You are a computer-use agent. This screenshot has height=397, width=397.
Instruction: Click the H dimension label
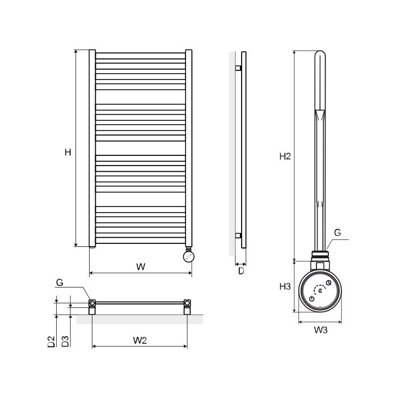click(68, 152)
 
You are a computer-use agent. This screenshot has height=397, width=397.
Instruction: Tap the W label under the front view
click(141, 267)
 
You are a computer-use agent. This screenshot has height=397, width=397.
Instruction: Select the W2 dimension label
click(140, 340)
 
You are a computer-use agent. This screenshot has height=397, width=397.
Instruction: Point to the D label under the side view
click(241, 271)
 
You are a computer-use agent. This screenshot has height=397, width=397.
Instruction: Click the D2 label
click(52, 341)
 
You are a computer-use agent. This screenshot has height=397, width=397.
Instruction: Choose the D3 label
click(65, 341)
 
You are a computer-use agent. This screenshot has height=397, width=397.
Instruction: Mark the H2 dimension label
click(285, 157)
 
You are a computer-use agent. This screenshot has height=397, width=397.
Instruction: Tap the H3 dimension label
click(285, 286)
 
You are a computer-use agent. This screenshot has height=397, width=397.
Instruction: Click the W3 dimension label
click(321, 330)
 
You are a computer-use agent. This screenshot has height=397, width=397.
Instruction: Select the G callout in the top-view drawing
click(60, 282)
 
